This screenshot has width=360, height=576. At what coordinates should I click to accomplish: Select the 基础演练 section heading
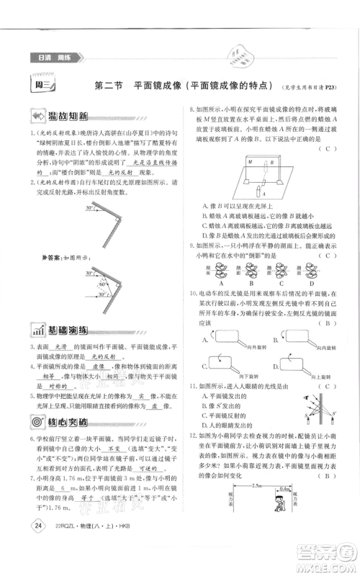(x=61, y=330)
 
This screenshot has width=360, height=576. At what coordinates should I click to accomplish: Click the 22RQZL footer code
(x=66, y=523)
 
